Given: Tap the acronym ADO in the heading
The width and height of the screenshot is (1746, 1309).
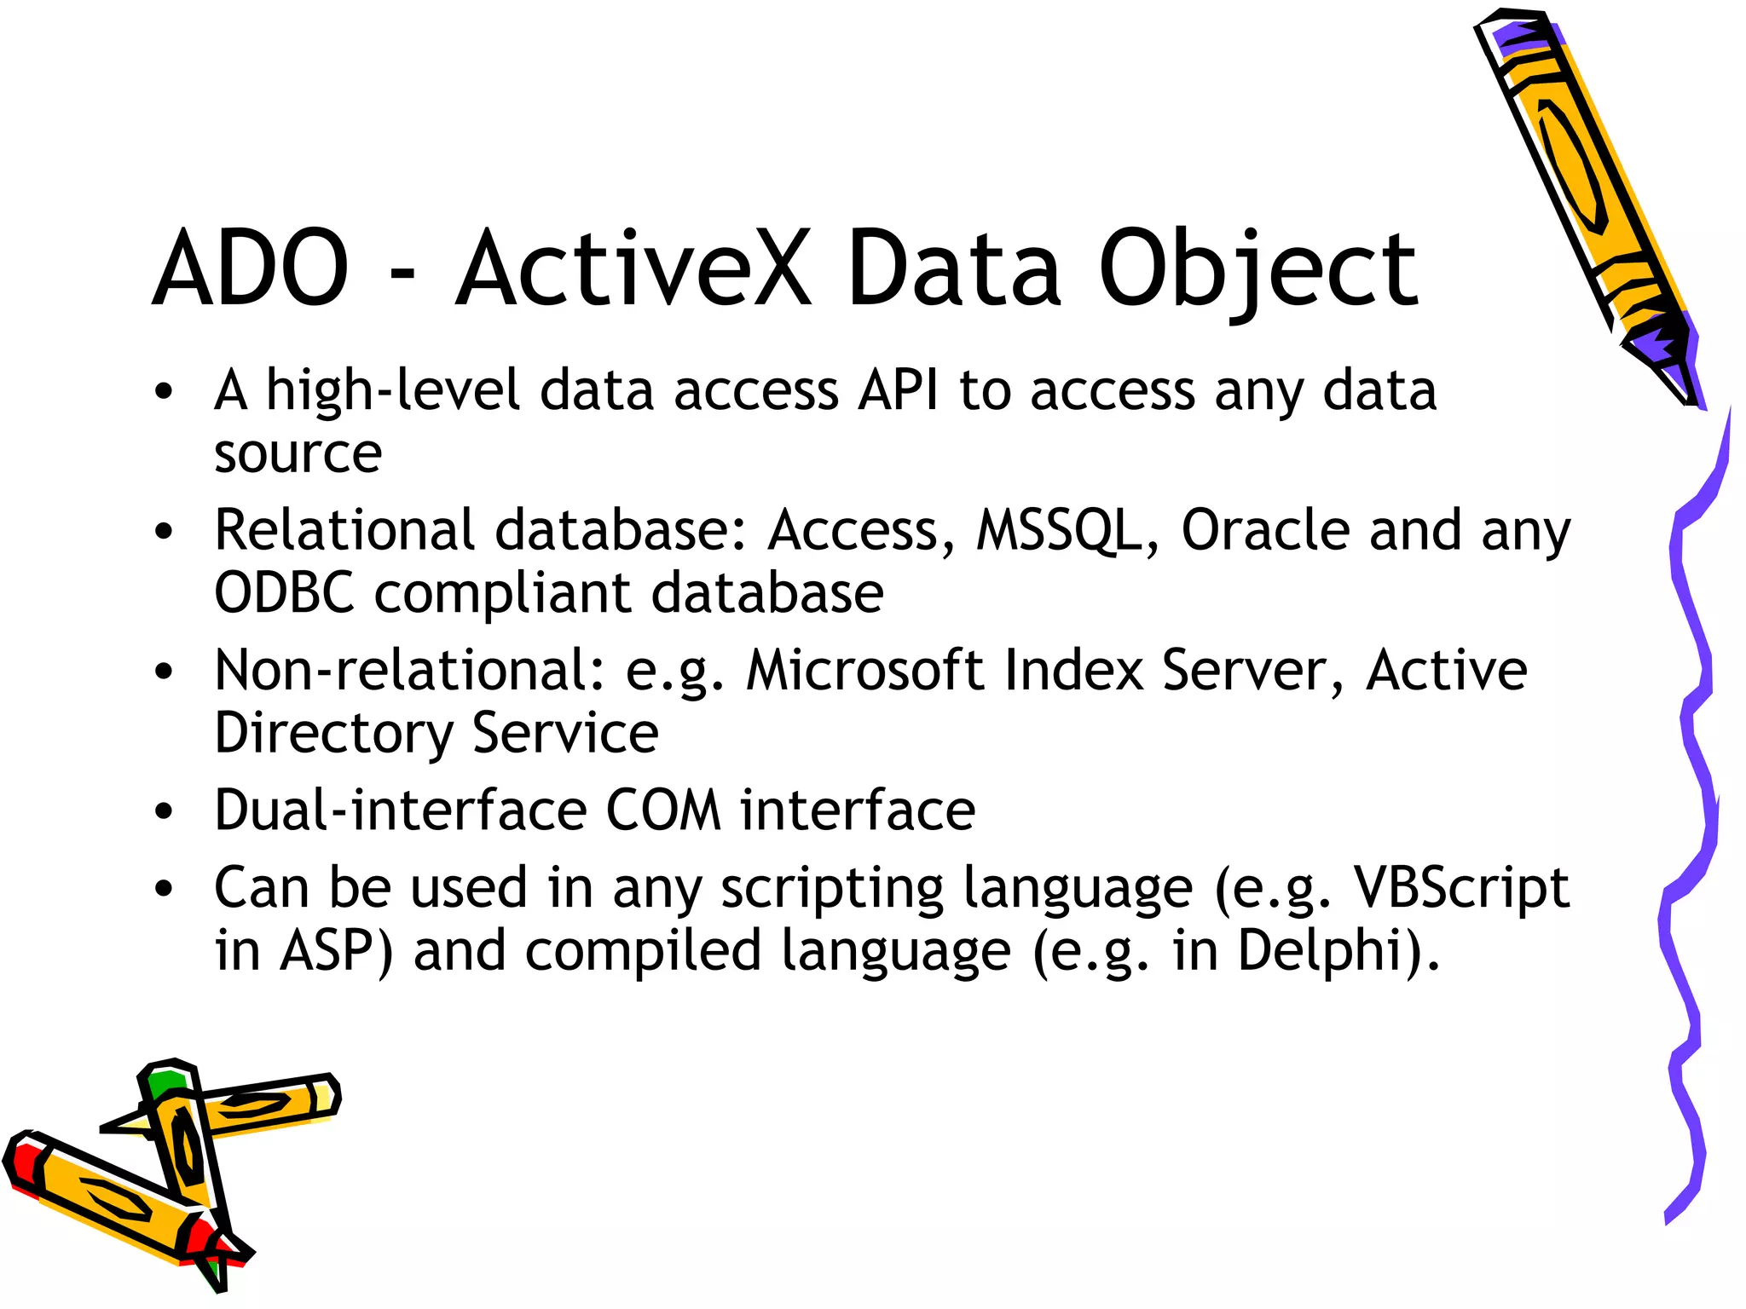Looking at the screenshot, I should [x=251, y=269].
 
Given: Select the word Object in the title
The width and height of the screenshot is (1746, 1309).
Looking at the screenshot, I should [x=1258, y=271].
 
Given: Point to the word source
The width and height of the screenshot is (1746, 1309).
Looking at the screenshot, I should [x=298, y=454].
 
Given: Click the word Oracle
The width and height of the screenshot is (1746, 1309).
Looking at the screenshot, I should [x=1265, y=529].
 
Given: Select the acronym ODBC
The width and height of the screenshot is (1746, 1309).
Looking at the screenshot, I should [x=284, y=593].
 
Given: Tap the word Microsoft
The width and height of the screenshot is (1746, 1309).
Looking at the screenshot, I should [x=864, y=670].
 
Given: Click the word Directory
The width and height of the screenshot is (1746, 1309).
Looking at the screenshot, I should [x=333, y=734].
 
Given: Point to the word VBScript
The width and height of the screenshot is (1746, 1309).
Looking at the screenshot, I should [x=1460, y=888].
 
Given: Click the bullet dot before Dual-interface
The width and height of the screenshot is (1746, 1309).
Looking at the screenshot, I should [x=164, y=811].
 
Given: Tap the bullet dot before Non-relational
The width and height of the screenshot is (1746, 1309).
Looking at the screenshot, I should [x=164, y=672].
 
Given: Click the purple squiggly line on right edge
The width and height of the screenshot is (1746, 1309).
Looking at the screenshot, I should [x=1692, y=767].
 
